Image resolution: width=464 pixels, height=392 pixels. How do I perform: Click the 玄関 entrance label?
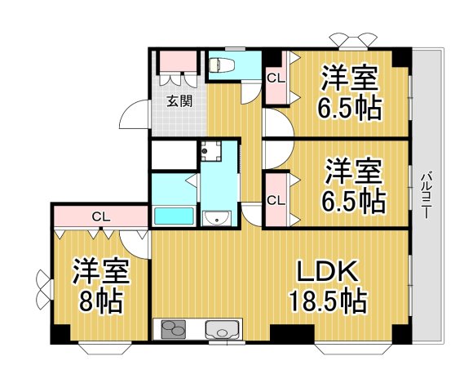pos(179,102)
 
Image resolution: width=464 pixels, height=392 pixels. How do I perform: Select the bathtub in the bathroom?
pos(173,216)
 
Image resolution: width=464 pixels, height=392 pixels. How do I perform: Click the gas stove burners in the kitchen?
pos(174,331)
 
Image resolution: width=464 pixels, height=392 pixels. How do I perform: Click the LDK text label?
pos(326,271)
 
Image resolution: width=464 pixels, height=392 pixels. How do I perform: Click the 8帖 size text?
pos(99,303)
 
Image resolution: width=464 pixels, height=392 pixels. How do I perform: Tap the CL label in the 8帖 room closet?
pos(100,216)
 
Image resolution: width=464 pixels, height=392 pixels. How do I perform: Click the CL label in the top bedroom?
pos(276,78)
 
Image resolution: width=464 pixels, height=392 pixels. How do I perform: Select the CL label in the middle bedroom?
pos(276,200)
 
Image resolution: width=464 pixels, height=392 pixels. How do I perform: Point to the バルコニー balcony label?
pos(426,193)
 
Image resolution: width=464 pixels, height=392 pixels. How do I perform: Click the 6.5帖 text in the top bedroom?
pos(351,107)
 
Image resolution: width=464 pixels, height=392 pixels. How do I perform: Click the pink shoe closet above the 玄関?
pos(179,63)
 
